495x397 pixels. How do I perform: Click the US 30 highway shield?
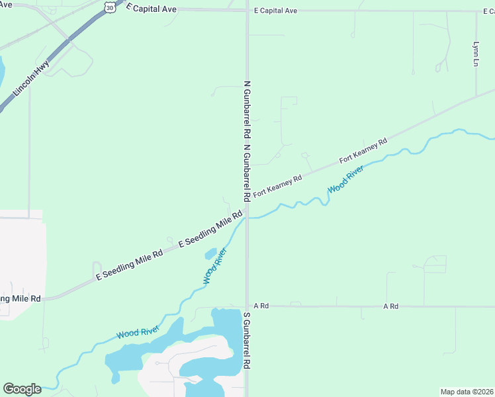click(x=110, y=6)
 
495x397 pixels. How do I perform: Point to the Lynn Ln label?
click(x=475, y=54)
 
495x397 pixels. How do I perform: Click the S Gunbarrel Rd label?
click(x=247, y=341)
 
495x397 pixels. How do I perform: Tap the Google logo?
click(x=22, y=388)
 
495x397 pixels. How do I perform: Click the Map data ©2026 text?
click(x=467, y=392)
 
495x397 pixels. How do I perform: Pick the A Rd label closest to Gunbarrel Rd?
click(x=261, y=306)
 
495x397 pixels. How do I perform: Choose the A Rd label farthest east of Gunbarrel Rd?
click(x=390, y=306)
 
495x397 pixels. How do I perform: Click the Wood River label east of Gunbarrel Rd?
click(x=345, y=179)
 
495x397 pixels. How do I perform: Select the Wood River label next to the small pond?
click(x=214, y=266)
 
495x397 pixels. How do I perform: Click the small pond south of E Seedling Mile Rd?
click(x=210, y=253)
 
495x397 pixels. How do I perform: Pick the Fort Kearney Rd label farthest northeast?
click(x=363, y=152)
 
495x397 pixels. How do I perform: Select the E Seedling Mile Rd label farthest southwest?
click(x=130, y=265)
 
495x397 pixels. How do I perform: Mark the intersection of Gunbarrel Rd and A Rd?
click(x=247, y=306)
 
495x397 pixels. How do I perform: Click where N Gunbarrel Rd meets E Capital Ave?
click(x=247, y=11)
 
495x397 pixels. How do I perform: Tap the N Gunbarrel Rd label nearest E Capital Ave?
click(x=247, y=109)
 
